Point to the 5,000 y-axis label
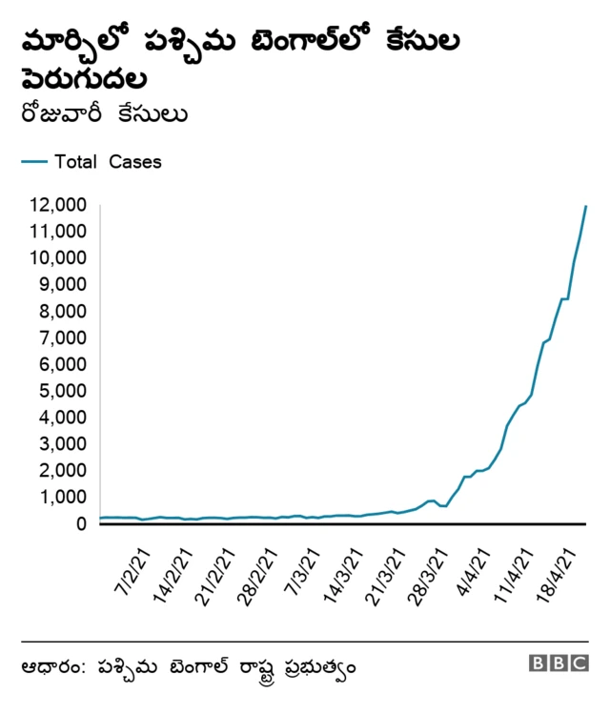click(63, 391)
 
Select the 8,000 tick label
click(63, 311)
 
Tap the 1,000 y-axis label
click(63, 497)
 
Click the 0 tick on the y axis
click(80, 523)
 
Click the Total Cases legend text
click(108, 162)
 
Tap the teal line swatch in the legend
click(33, 162)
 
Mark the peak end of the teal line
click(585, 206)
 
